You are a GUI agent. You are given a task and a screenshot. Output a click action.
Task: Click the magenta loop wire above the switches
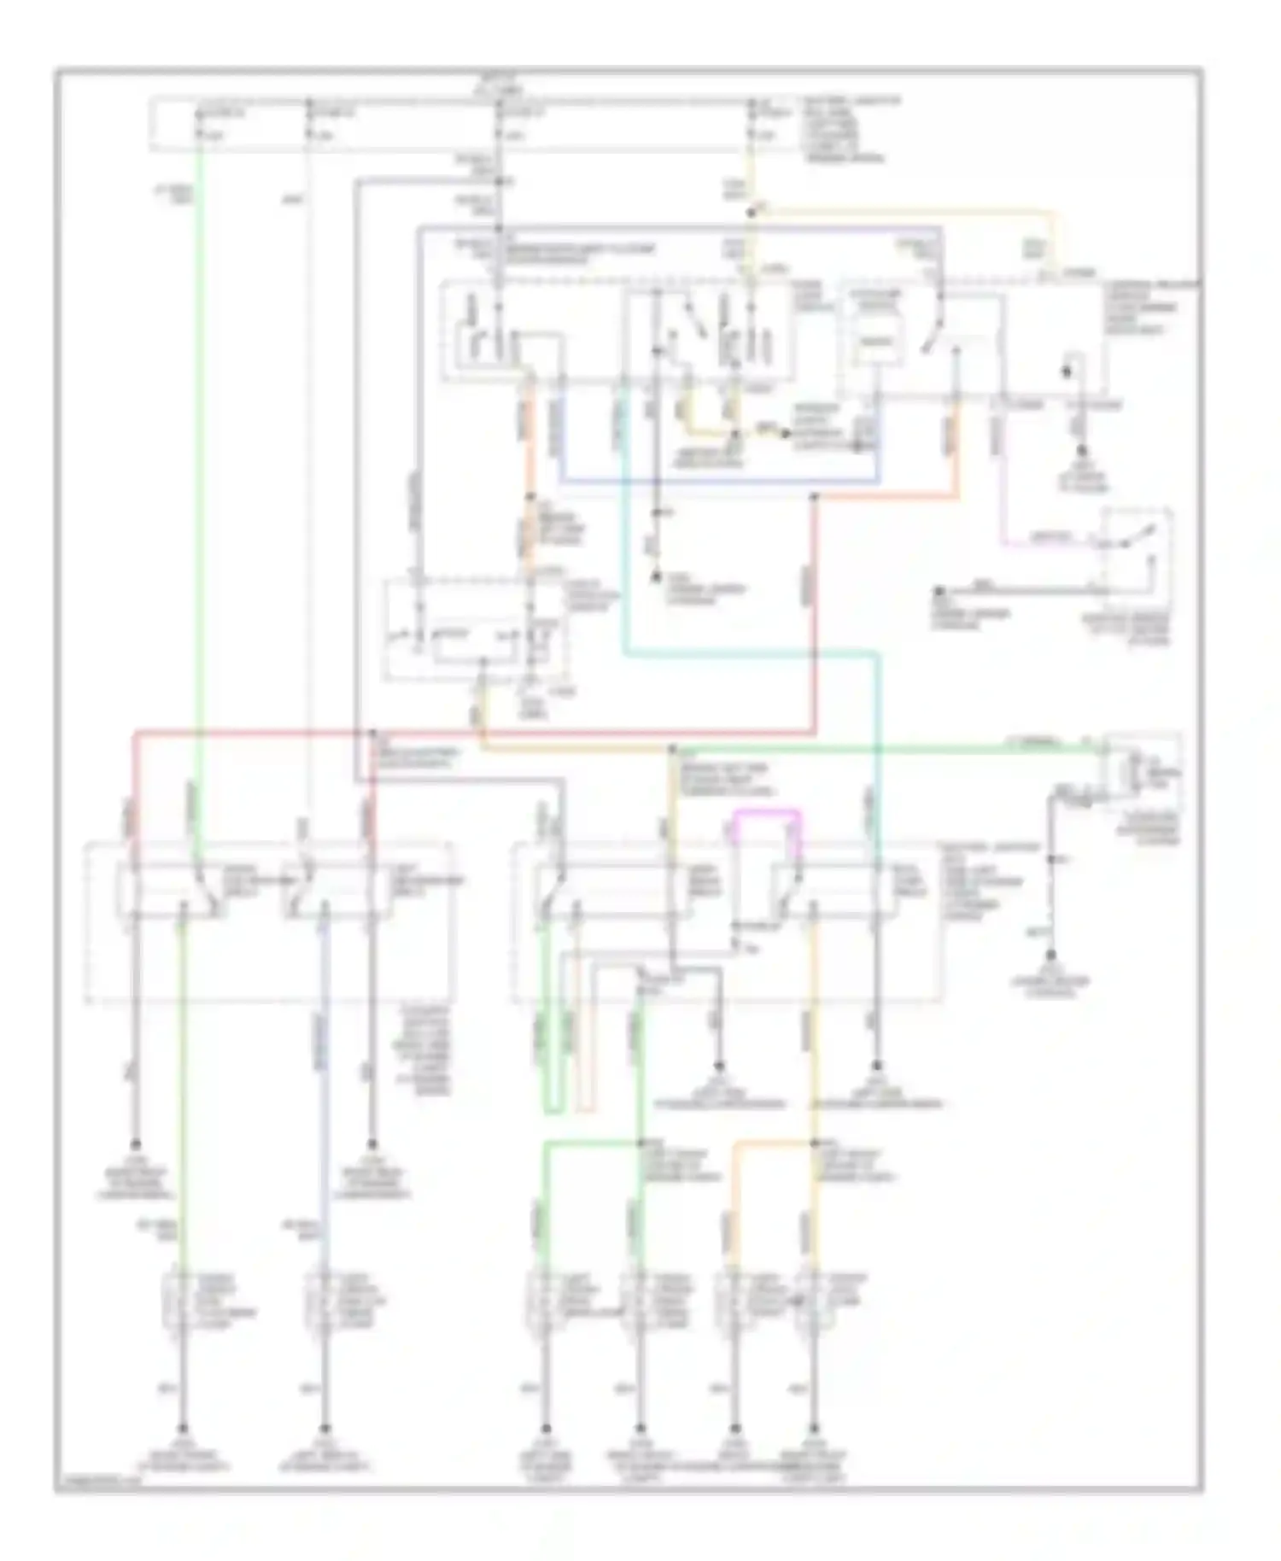coord(768,812)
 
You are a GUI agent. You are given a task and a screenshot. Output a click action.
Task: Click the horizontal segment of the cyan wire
coord(752,654)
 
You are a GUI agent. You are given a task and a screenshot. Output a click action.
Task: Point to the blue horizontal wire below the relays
coord(717,482)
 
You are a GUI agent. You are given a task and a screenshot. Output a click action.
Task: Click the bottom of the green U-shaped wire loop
coord(552,1110)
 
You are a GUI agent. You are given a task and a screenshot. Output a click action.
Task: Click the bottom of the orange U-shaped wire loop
coord(585,1110)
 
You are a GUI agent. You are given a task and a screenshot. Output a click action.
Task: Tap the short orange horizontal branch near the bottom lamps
coord(773,1143)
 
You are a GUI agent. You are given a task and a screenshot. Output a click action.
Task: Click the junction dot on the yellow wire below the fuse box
coord(752,210)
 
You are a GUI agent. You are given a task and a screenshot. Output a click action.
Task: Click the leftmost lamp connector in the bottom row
coord(181,1300)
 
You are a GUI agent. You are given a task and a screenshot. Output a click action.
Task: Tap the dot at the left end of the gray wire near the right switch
coord(939,589)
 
